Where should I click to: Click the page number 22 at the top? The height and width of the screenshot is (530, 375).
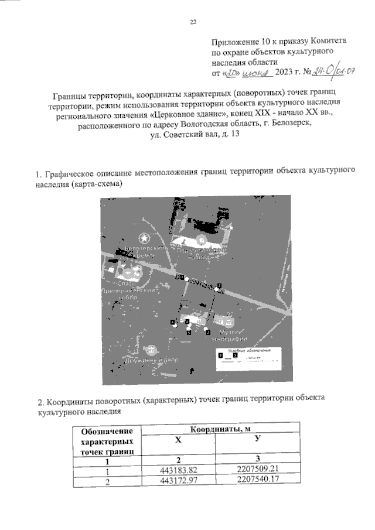pos(193,22)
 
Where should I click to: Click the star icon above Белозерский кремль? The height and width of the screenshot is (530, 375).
pos(144,239)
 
